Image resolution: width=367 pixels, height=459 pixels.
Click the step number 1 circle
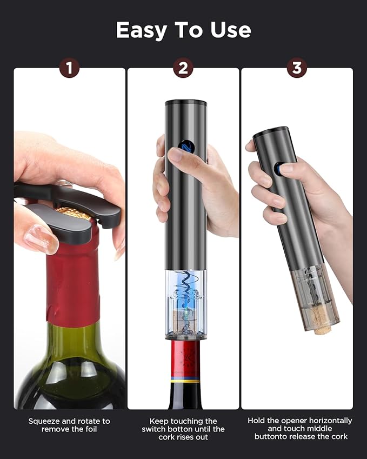(69, 68)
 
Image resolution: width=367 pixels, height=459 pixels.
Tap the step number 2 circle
(183, 68)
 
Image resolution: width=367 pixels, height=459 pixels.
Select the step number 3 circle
(297, 68)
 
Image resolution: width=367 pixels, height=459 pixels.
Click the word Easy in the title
(144, 30)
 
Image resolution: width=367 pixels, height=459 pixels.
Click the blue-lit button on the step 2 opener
(181, 147)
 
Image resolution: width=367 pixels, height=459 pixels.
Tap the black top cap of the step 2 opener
(186, 103)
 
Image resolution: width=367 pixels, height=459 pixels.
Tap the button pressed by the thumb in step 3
(278, 169)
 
